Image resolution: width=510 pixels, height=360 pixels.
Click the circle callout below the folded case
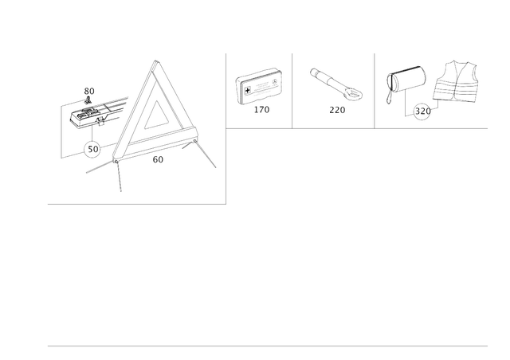(x=92, y=148)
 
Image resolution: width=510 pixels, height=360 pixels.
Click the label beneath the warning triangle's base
(x=158, y=159)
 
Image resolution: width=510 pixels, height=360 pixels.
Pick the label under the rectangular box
(x=261, y=112)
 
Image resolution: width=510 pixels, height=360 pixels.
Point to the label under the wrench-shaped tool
(x=337, y=112)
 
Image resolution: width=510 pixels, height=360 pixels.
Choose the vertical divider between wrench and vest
(x=375, y=88)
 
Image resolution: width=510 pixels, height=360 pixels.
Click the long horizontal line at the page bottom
(x=267, y=346)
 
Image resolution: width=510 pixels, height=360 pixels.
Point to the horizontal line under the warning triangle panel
(x=136, y=204)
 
